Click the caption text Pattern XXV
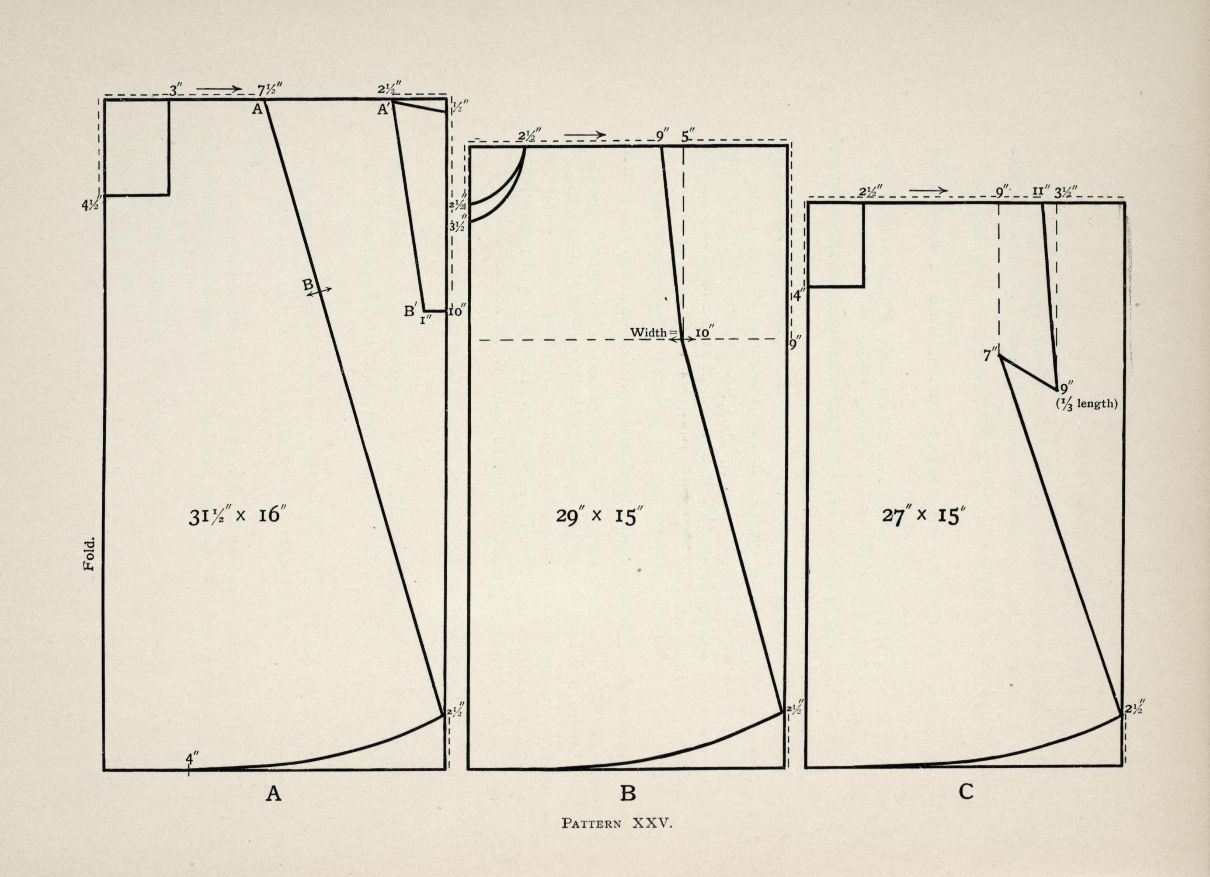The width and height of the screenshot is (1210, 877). click(x=617, y=823)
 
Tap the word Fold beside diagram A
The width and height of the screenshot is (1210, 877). click(x=89, y=554)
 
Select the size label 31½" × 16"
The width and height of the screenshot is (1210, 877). click(x=235, y=516)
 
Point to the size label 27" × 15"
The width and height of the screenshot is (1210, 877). click(x=924, y=516)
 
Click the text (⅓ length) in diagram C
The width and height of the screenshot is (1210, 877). click(x=1087, y=404)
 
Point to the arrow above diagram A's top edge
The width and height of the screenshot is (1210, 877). click(x=219, y=89)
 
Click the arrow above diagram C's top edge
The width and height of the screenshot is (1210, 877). click(x=928, y=191)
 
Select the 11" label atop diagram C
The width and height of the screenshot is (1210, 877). click(x=1041, y=191)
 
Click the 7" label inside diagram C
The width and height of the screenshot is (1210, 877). click(x=991, y=355)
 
